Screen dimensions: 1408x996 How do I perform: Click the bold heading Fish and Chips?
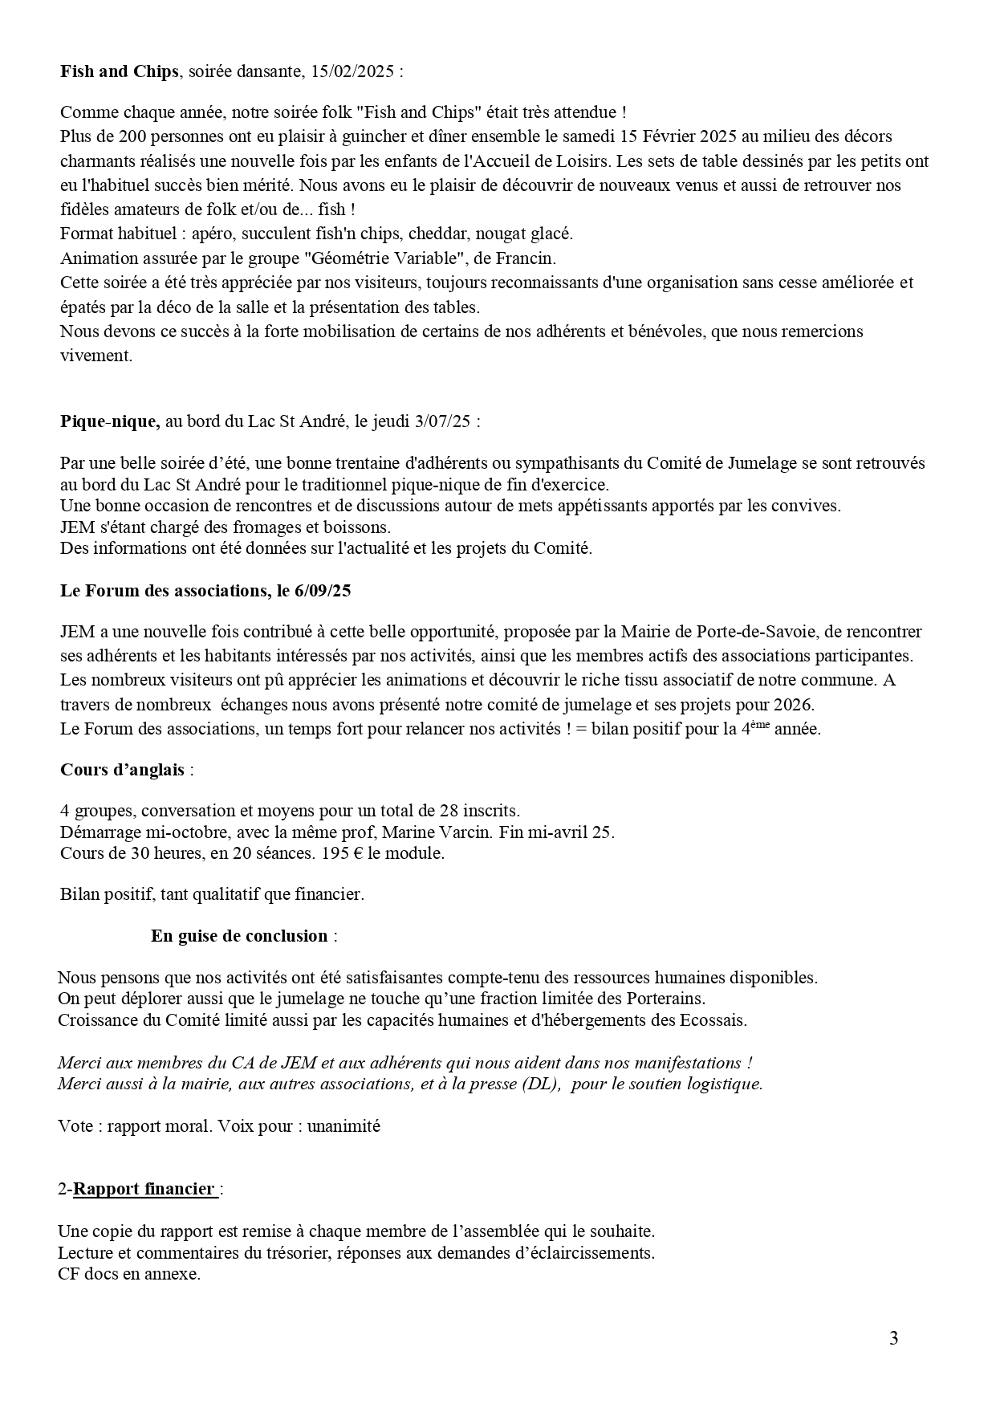pos(119,71)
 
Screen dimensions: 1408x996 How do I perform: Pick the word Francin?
pos(528,258)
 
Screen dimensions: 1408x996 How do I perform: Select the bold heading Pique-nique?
pos(110,421)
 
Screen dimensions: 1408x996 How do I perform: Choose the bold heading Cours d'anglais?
pos(122,770)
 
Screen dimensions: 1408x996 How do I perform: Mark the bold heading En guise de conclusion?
pos(239,936)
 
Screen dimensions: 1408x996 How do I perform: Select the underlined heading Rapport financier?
pos(144,1189)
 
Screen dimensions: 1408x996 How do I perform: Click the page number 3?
pos(893,1338)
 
